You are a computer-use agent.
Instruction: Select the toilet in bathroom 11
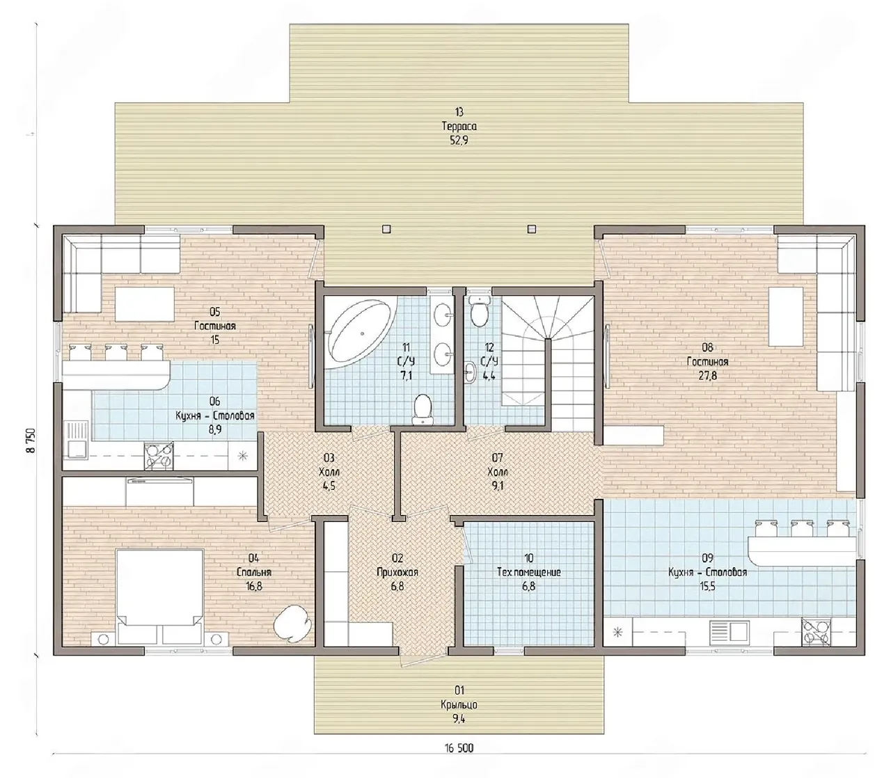pos(422,409)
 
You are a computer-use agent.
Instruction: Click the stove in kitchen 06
pos(159,457)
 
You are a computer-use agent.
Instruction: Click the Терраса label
pos(459,127)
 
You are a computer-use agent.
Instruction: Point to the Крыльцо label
pos(459,705)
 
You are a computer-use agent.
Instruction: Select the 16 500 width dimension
pos(459,748)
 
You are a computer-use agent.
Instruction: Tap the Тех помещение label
pos(528,572)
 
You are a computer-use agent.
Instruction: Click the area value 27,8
pos(708,375)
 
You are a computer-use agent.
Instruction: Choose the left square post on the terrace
pos(386,228)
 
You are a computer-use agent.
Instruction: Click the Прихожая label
pos(397,572)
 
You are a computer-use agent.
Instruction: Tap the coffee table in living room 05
pos(145,304)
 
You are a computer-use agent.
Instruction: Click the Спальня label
pos(254,572)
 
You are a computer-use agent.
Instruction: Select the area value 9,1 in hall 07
pos(497,486)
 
